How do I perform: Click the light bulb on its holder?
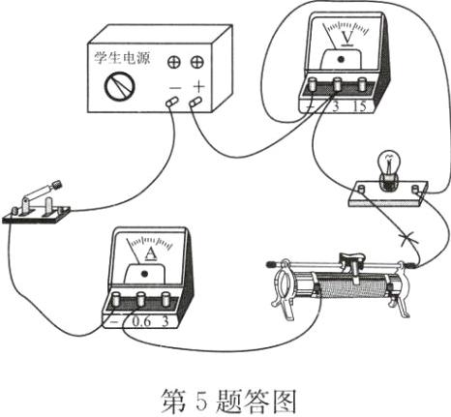389,166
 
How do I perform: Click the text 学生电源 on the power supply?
114,48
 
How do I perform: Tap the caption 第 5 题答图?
225,394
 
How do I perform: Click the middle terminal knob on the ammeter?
143,299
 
